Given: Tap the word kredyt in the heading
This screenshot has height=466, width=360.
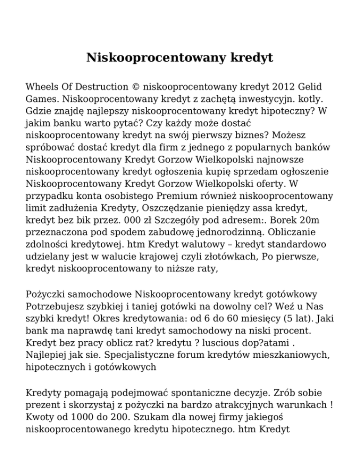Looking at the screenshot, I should pos(252,59).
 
